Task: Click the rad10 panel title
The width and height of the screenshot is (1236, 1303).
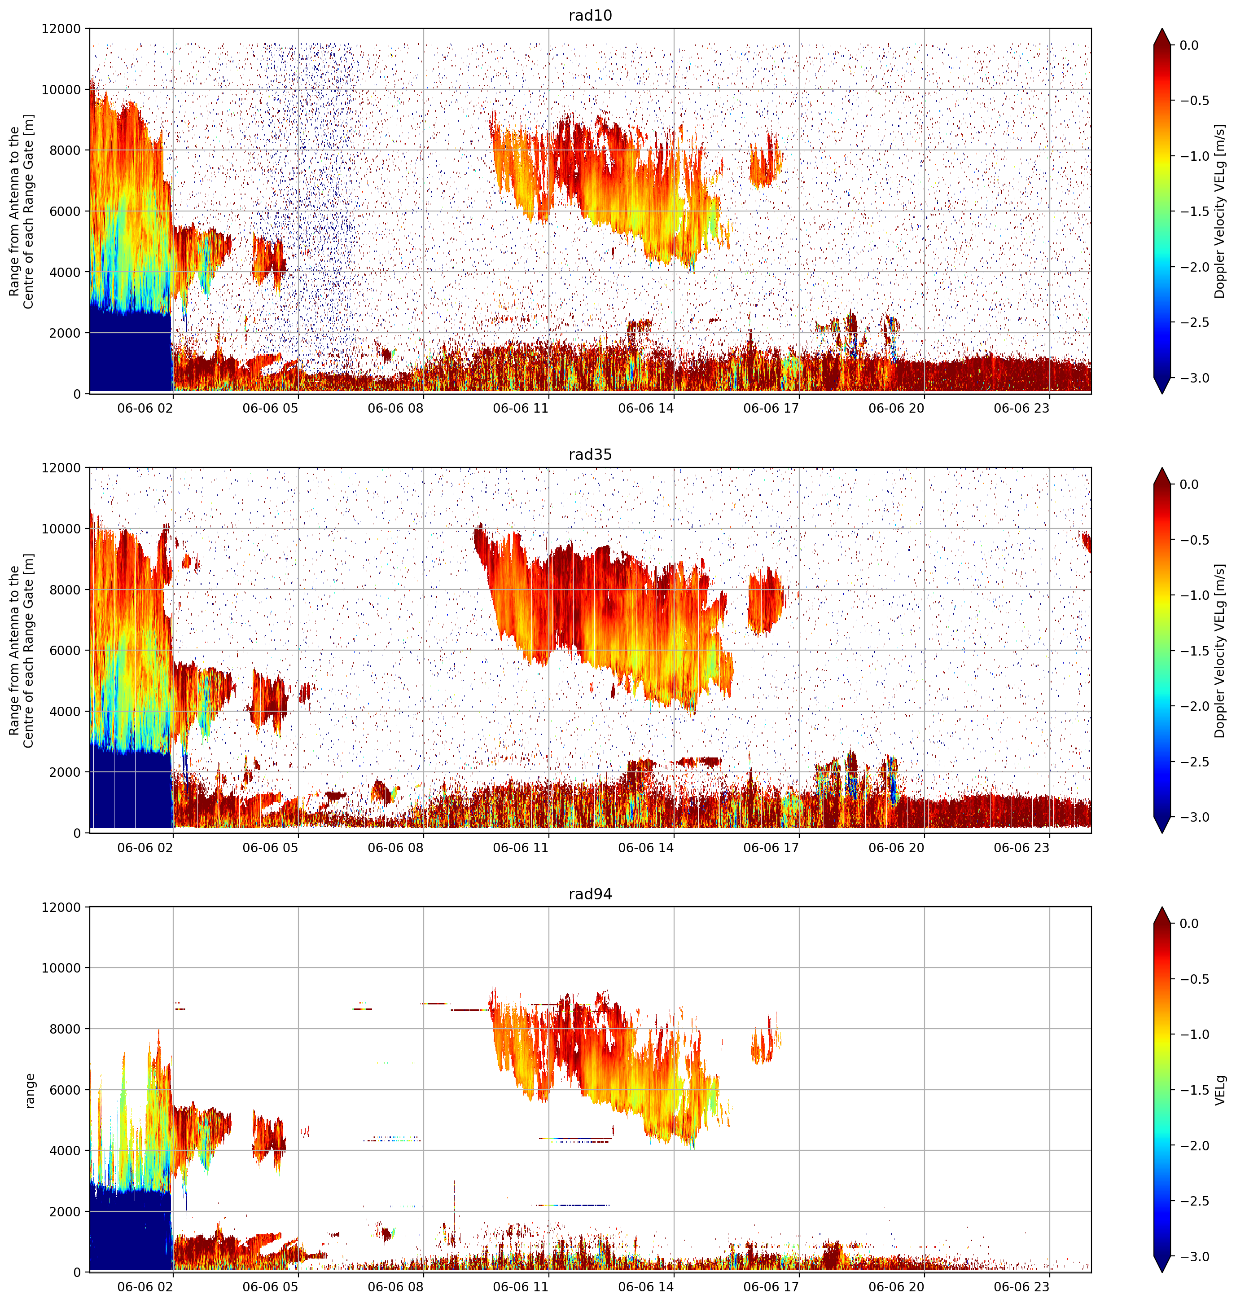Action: pos(590,16)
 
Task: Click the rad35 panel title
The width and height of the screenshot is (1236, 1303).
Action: pos(590,454)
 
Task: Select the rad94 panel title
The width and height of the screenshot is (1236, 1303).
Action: pos(590,894)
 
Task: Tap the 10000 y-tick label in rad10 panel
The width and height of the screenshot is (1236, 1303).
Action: pos(61,90)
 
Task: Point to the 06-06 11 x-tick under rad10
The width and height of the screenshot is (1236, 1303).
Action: pos(521,408)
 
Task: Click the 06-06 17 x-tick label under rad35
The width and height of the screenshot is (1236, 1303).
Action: pos(771,847)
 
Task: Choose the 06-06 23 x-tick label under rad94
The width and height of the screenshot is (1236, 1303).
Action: pos(1021,1286)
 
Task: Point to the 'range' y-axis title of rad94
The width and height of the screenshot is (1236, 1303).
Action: pos(30,1090)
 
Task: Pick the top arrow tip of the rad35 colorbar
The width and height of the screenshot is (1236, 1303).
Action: pos(1162,468)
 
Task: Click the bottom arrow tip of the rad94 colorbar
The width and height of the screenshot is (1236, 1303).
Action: pos(1162,1272)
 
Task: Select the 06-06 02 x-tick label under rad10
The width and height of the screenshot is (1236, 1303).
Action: pos(145,408)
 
